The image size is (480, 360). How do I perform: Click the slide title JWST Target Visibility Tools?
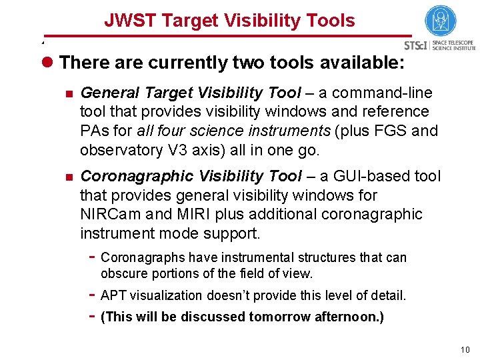click(229, 21)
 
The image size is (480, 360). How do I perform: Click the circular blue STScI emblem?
click(440, 21)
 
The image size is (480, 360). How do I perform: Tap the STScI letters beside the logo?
click(416, 46)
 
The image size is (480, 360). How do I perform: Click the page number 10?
click(464, 350)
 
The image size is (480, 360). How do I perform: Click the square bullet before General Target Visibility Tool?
click(67, 93)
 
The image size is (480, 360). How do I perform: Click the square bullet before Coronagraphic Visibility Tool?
click(67, 177)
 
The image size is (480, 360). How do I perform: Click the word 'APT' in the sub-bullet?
click(113, 295)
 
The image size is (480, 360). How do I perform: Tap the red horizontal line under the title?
click(227, 35)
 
